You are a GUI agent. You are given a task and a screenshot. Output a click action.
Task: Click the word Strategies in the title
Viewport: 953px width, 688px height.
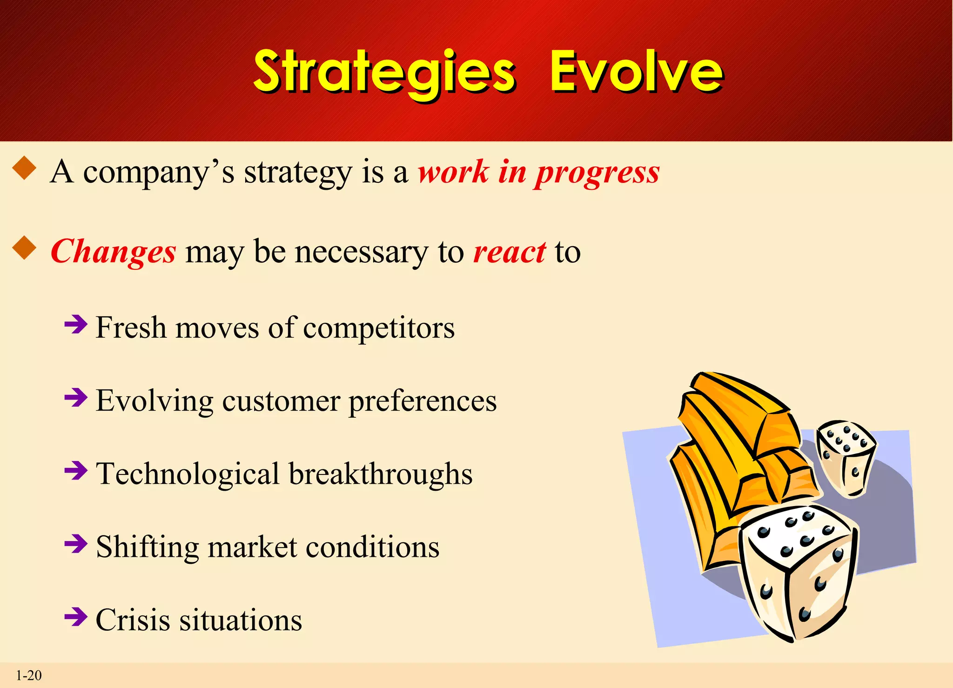point(384,72)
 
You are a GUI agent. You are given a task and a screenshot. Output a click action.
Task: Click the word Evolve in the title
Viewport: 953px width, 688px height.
point(636,72)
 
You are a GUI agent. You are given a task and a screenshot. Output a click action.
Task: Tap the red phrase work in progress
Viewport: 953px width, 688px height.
point(538,173)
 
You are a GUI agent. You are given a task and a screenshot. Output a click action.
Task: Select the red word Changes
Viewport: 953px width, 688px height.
point(113,252)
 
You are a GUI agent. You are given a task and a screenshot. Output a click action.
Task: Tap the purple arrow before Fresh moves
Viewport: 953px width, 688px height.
point(76,324)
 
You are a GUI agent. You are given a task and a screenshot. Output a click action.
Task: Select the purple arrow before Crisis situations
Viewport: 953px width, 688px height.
point(76,617)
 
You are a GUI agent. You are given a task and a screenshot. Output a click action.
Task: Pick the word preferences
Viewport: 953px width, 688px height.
point(422,401)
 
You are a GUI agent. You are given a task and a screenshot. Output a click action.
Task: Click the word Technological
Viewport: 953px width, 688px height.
point(188,474)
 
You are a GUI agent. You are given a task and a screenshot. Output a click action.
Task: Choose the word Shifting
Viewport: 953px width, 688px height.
point(147,548)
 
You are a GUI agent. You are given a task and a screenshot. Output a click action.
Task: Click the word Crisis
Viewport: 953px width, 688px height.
point(133,620)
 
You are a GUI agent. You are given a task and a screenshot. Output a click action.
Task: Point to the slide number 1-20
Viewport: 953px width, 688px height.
point(29,675)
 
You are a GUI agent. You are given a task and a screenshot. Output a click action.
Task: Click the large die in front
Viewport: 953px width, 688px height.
point(798,572)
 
